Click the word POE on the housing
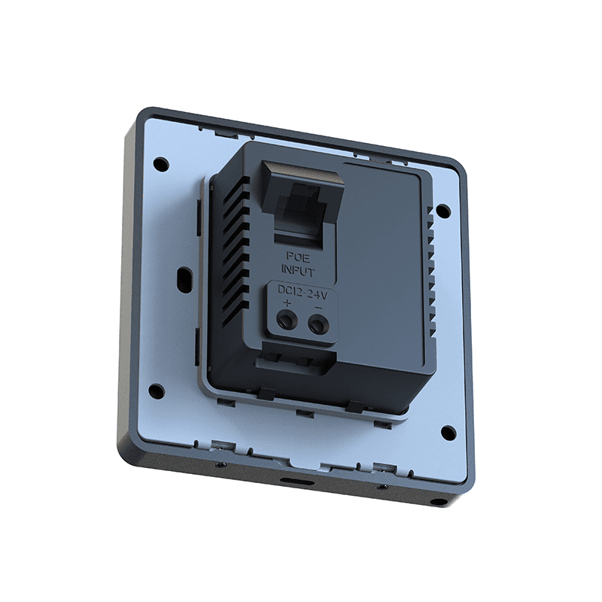coord(298,257)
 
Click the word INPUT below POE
coord(298,270)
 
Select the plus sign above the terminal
coord(287,304)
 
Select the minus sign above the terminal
coord(318,307)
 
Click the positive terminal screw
coord(287,320)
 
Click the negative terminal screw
coord(318,324)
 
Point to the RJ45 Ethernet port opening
coord(303,209)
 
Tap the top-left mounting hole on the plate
coord(161,163)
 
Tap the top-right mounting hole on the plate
coord(443,210)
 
